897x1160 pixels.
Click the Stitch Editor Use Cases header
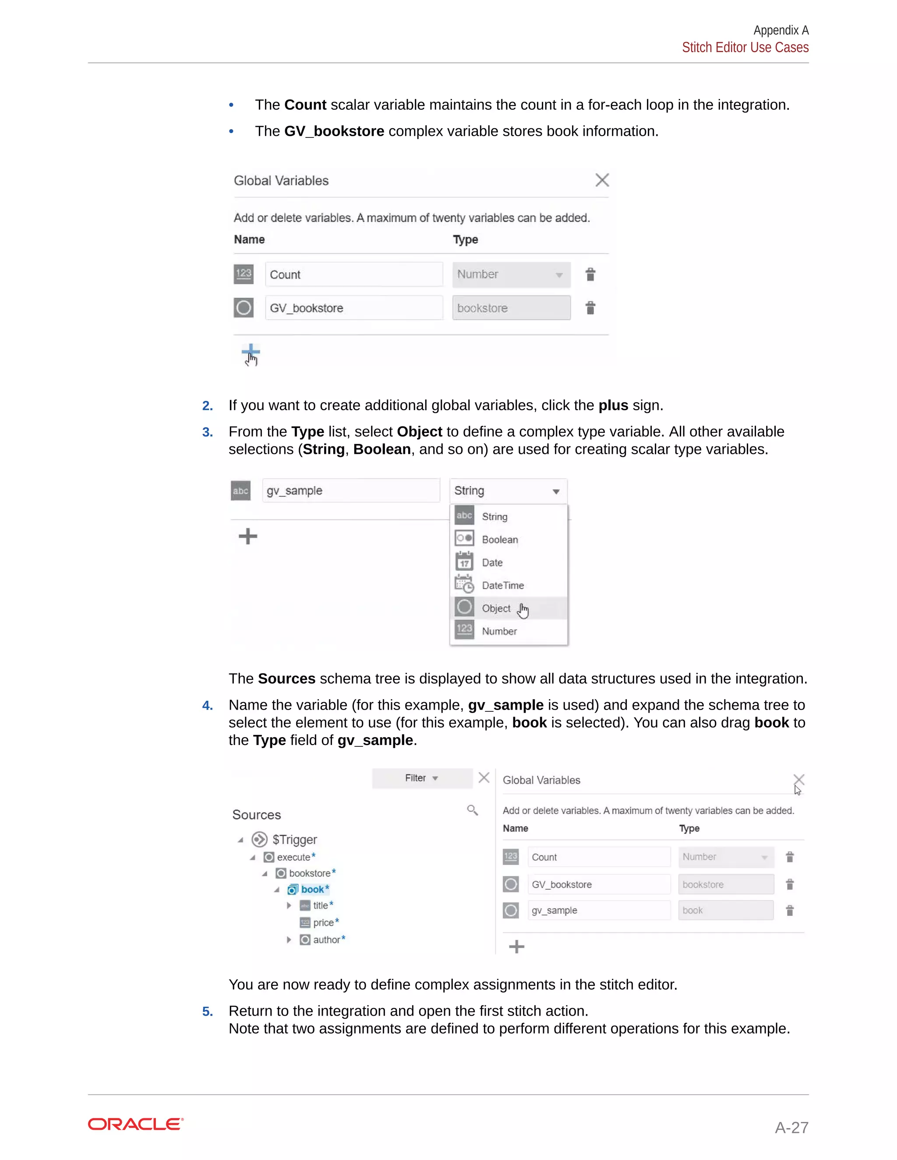pyautogui.click(x=745, y=48)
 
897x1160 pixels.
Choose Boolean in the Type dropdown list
pyautogui.click(x=499, y=540)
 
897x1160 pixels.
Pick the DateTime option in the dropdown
pyautogui.click(x=502, y=585)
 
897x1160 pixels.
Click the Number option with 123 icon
pyautogui.click(x=498, y=631)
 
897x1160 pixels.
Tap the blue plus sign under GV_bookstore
pyautogui.click(x=250, y=352)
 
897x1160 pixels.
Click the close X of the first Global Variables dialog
pyautogui.click(x=601, y=180)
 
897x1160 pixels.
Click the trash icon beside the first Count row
pyautogui.click(x=590, y=274)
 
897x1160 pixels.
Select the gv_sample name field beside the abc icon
pyautogui.click(x=351, y=491)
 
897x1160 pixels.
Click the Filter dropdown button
pyautogui.click(x=422, y=778)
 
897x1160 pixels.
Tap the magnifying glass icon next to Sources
pyautogui.click(x=472, y=810)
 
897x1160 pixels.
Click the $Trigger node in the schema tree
pyautogui.click(x=294, y=840)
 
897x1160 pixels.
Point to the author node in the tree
pyautogui.click(x=326, y=939)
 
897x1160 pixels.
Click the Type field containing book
pyautogui.click(x=725, y=910)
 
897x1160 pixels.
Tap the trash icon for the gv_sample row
pyautogui.click(x=790, y=910)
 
